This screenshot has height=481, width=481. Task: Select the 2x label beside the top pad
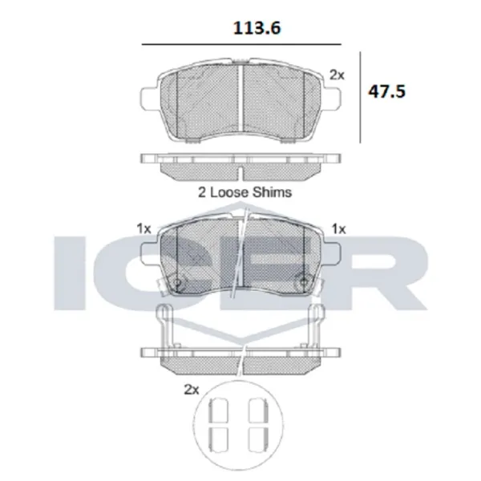(x=337, y=75)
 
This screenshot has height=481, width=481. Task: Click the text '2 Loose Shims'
(x=245, y=192)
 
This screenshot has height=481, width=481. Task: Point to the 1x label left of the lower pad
(x=144, y=228)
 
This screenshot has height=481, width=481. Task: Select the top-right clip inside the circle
(x=258, y=410)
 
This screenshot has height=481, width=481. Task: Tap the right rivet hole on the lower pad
(x=302, y=282)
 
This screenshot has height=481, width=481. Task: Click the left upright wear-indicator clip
(x=164, y=329)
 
